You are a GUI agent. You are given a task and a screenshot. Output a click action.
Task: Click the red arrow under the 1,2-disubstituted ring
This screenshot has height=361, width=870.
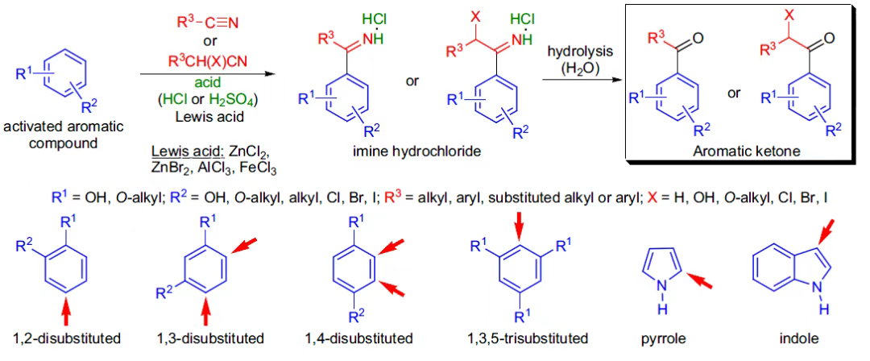pyautogui.click(x=66, y=309)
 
